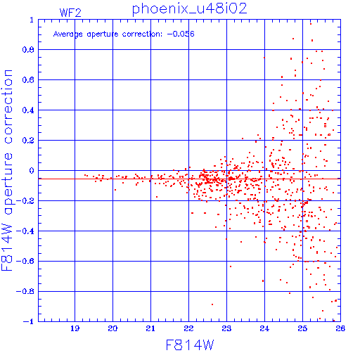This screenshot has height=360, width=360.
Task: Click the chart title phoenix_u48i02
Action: (x=189, y=9)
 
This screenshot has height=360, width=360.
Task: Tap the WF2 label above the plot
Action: (x=70, y=13)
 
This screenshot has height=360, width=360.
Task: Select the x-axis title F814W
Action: (x=190, y=345)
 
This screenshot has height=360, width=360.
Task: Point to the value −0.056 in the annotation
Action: (x=181, y=34)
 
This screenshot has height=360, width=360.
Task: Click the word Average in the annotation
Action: (x=67, y=34)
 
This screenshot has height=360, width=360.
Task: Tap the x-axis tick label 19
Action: (x=75, y=328)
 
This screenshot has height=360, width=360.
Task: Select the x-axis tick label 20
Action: (x=112, y=328)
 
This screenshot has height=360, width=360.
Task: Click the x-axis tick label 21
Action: (x=150, y=328)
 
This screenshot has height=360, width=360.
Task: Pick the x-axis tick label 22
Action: (x=188, y=328)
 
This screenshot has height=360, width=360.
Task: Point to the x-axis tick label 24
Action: (x=264, y=328)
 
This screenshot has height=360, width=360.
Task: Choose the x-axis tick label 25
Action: (x=302, y=328)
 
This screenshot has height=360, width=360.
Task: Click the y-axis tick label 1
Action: (x=32, y=20)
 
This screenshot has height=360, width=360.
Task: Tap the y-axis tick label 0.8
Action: (x=28, y=50)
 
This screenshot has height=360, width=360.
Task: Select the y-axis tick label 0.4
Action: (x=28, y=110)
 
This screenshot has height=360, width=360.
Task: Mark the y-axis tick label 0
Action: (x=32, y=171)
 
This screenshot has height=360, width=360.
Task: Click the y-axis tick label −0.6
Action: (x=25, y=261)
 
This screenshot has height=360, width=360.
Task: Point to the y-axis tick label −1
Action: (x=29, y=321)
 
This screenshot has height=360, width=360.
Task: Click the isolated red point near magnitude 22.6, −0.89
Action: (x=212, y=304)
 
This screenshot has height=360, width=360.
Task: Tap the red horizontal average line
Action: (x=189, y=179)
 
